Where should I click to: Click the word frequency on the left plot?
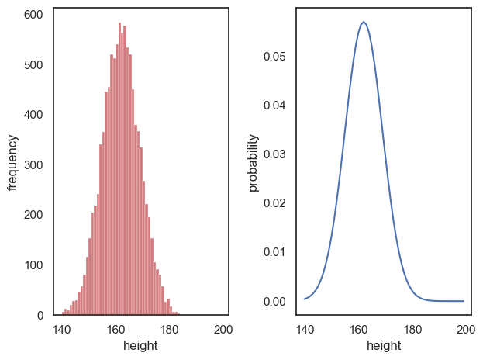(12, 162)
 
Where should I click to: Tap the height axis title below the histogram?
(140, 346)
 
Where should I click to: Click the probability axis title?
(254, 162)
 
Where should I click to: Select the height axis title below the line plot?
(384, 346)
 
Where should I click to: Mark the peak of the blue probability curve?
(364, 22)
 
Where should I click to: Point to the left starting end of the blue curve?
(305, 299)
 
